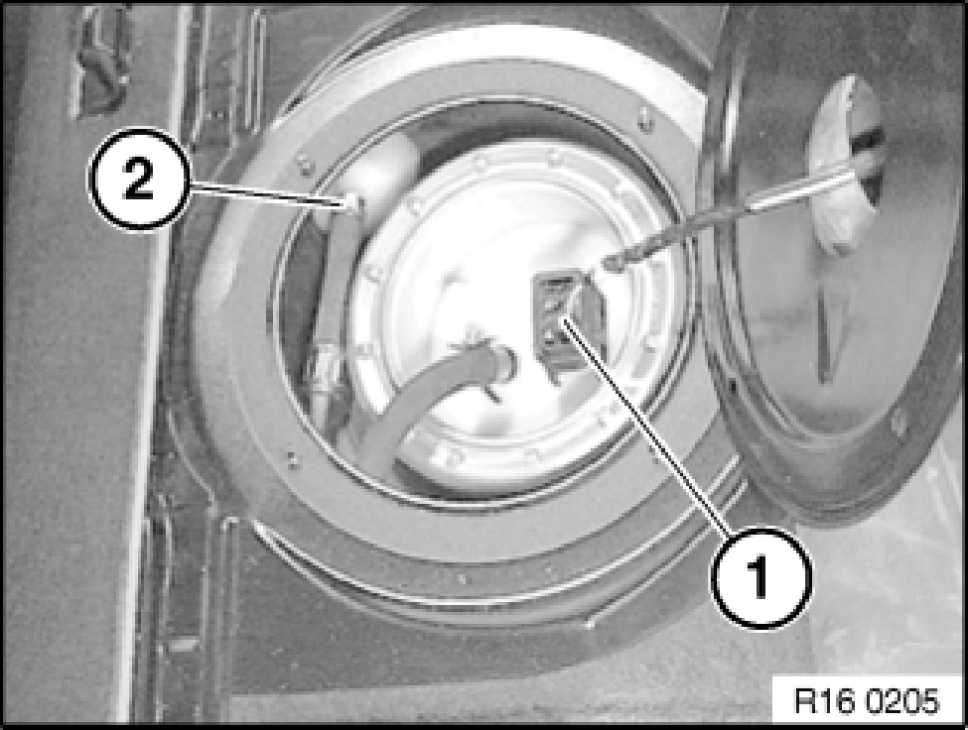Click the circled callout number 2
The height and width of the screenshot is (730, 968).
(138, 179)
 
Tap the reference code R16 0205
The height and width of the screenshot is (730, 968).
(867, 700)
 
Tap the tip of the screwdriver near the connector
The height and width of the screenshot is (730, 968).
(610, 264)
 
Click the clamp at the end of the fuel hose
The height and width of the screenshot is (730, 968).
(487, 363)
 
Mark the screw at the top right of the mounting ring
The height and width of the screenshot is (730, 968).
(644, 116)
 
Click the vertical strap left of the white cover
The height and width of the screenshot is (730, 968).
(338, 296)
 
